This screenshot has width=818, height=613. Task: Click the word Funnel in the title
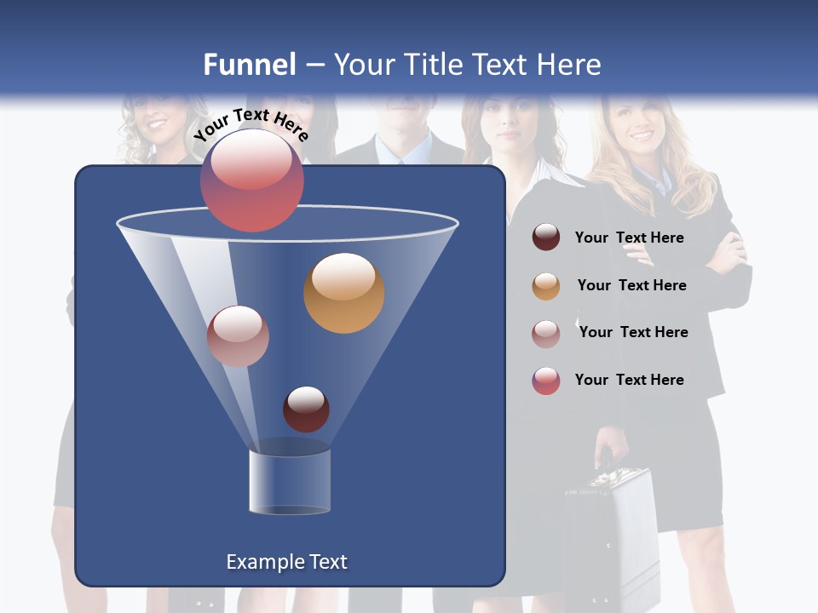[249, 65]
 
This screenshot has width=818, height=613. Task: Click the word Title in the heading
[432, 65]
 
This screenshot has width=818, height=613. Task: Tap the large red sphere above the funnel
[251, 180]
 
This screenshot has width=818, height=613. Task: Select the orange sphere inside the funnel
[343, 293]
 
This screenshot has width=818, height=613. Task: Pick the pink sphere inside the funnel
[238, 336]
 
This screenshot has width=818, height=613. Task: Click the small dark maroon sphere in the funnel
[306, 409]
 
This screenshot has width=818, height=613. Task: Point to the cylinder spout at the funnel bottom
[290, 482]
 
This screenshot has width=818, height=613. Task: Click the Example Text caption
[286, 562]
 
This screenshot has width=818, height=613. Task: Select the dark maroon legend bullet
[546, 238]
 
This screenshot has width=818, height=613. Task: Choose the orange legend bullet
[546, 286]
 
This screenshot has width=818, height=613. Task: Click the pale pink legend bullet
[546, 333]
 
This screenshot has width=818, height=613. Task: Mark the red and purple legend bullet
[546, 381]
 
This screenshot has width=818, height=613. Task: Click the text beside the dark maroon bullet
[629, 238]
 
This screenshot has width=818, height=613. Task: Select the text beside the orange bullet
[631, 285]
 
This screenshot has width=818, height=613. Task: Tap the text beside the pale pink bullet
[633, 332]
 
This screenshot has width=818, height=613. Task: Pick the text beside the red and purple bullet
[629, 380]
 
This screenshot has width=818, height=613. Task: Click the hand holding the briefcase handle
[611, 447]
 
